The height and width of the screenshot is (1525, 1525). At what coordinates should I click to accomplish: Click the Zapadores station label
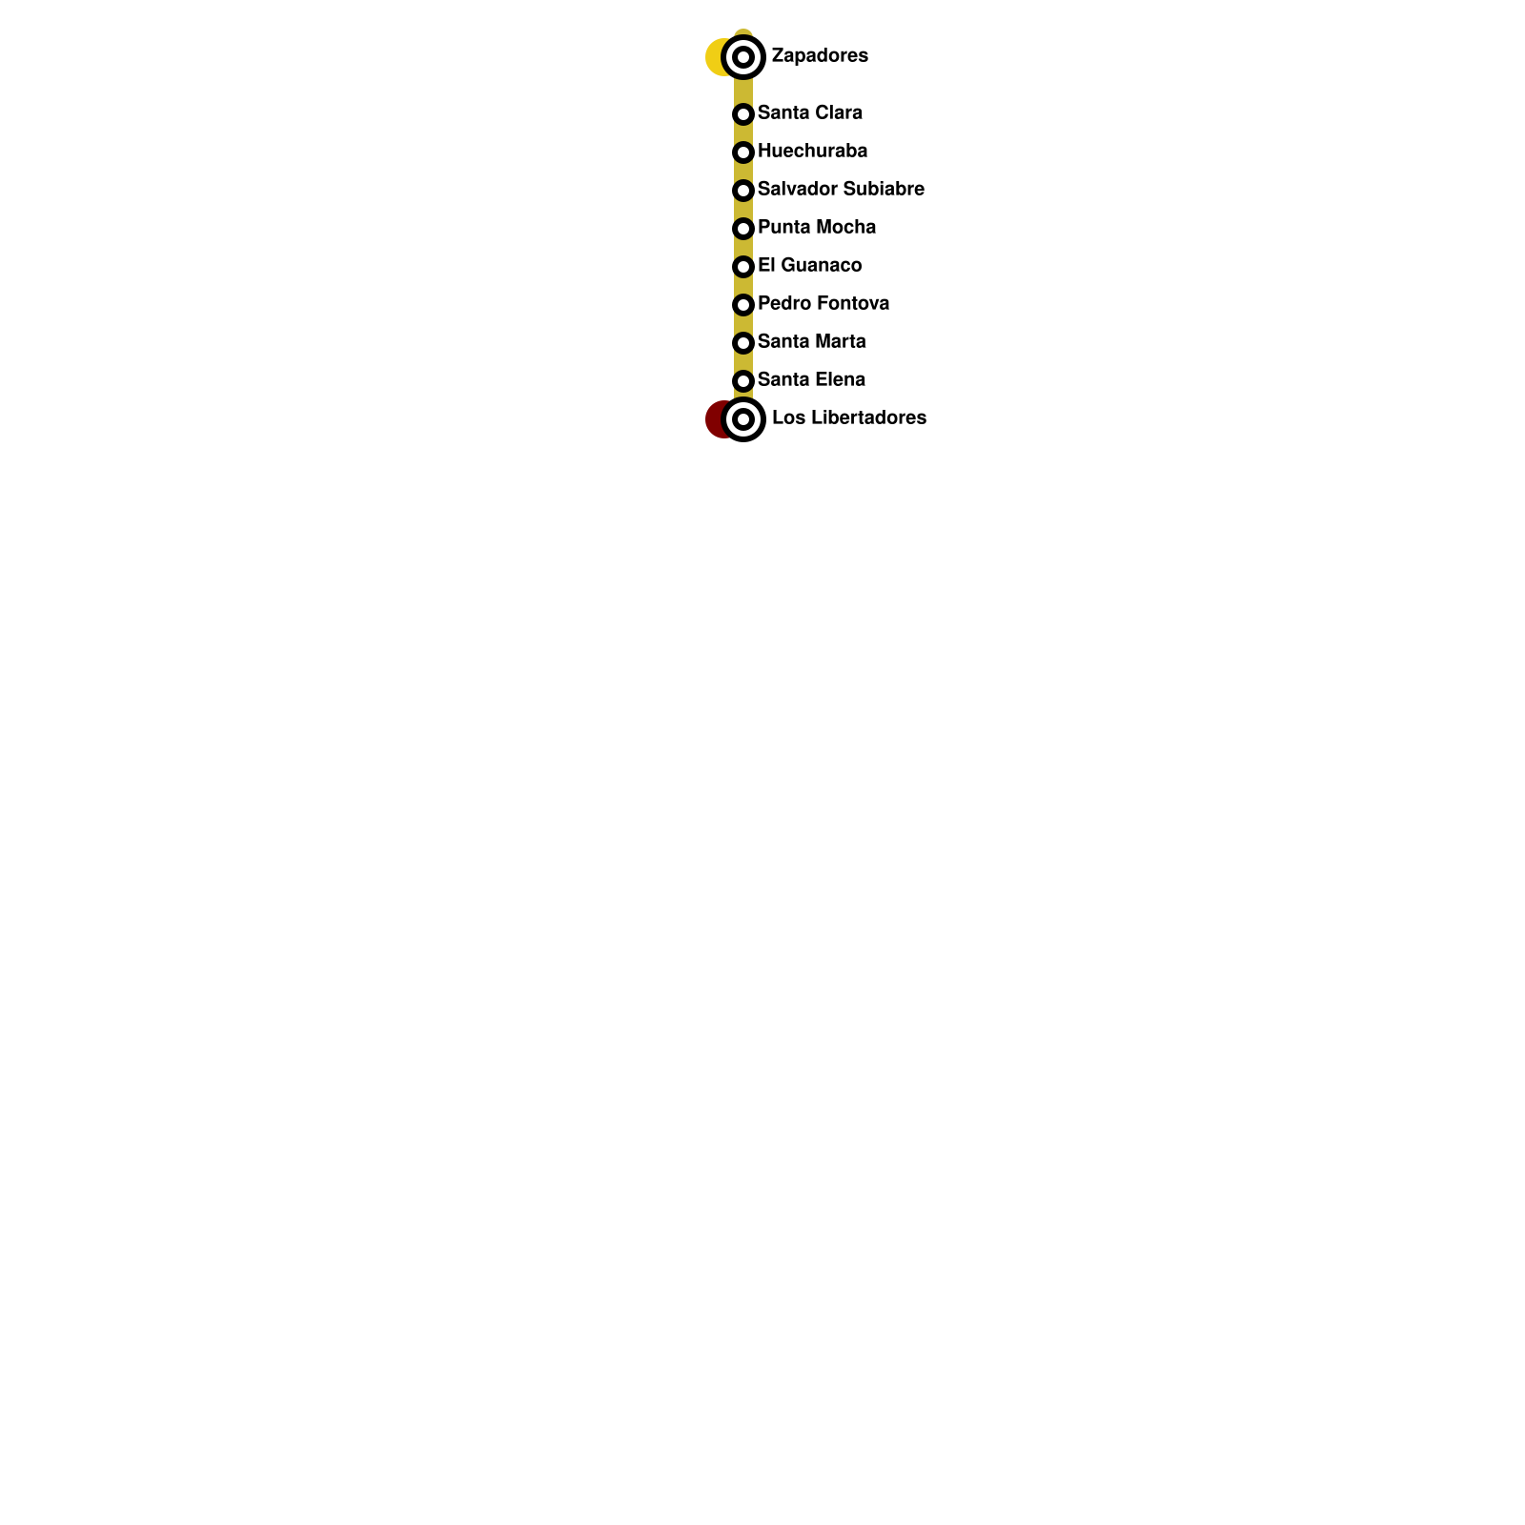tap(820, 55)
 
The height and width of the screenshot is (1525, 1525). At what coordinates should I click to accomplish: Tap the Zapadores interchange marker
tap(743, 57)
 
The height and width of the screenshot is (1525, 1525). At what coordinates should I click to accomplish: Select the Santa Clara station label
tap(809, 112)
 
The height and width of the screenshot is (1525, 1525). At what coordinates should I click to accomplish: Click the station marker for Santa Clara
tap(743, 114)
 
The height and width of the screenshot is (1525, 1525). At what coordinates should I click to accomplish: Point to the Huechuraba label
tap(812, 151)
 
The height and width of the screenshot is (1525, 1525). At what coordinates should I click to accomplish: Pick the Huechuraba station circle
tap(743, 152)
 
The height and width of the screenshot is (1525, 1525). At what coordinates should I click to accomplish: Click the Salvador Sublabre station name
tap(841, 189)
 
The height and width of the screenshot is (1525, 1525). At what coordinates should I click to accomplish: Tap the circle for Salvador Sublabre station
tap(743, 191)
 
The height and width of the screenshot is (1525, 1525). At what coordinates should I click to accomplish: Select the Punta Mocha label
tap(816, 227)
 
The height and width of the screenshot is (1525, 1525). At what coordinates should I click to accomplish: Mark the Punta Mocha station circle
tap(743, 229)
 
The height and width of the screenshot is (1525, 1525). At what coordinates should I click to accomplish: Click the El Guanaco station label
tap(809, 265)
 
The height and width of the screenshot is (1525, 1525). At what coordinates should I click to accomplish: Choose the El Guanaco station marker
tap(743, 267)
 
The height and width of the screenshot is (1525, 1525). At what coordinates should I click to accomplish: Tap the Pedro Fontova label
tap(823, 303)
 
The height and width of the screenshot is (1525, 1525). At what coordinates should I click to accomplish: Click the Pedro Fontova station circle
tap(743, 305)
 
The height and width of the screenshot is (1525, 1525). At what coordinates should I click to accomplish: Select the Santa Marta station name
tap(811, 341)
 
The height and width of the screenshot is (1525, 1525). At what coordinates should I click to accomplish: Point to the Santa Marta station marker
tap(743, 343)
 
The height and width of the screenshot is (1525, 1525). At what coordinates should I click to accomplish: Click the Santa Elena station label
tap(811, 379)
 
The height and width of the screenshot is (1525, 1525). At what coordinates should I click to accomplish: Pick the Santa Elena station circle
tap(743, 381)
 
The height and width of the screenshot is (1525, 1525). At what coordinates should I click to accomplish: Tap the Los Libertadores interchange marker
tap(743, 419)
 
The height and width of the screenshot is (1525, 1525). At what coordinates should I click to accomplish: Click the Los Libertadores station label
tap(848, 417)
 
